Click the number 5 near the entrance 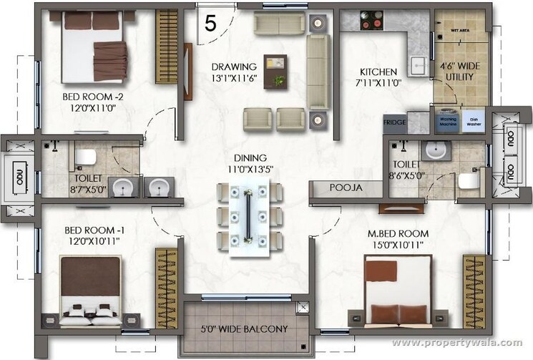pos(210,23)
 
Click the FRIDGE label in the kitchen pos(394,122)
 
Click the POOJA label pos(346,188)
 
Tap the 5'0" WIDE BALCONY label pos(245,329)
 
